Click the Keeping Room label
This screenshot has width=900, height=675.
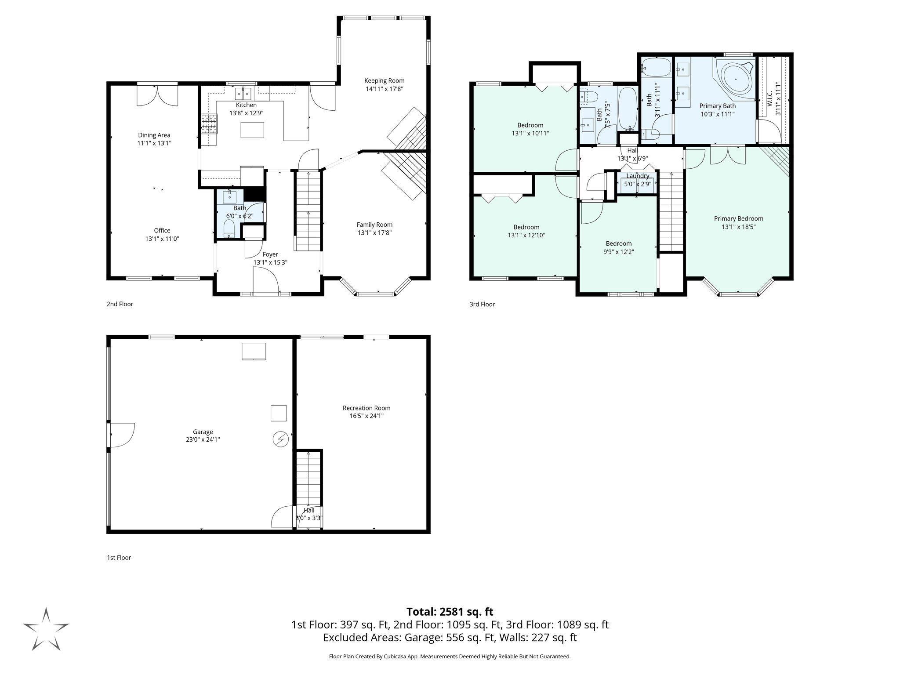(x=384, y=80)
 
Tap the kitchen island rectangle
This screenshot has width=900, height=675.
(x=252, y=130)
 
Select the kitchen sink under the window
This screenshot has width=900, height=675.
(x=242, y=94)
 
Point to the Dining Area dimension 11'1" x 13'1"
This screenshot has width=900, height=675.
(x=154, y=143)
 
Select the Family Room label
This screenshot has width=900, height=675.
(x=374, y=225)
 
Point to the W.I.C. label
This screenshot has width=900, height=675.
(x=769, y=102)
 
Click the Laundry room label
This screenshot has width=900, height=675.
(x=637, y=176)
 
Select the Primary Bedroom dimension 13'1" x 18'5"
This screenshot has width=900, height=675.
(x=738, y=227)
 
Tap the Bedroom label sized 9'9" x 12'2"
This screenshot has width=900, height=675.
(x=618, y=243)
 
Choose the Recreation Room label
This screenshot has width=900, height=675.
(x=367, y=408)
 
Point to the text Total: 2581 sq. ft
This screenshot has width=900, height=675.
(x=450, y=612)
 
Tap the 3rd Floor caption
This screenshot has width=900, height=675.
(x=482, y=304)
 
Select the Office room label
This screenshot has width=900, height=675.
(x=162, y=230)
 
